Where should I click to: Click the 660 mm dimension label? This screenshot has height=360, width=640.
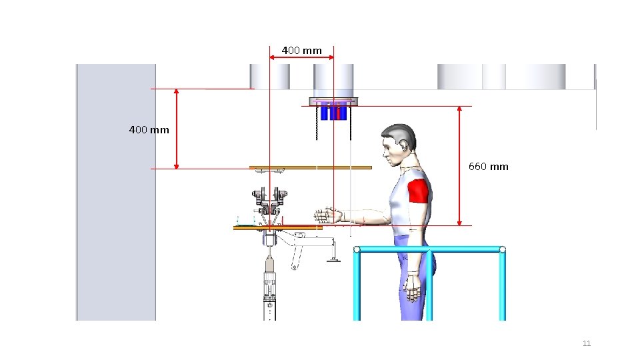(x=488, y=167)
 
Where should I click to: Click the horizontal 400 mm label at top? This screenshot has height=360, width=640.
(x=301, y=51)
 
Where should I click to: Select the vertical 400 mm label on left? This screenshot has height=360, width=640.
(x=149, y=130)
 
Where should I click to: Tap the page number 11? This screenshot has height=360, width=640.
(x=587, y=343)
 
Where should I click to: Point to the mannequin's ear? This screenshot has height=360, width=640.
(x=404, y=146)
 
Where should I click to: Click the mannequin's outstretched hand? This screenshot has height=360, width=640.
(x=327, y=215)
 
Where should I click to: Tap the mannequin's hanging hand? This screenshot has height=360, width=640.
(x=413, y=287)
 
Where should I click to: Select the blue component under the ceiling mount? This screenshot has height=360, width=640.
(x=333, y=113)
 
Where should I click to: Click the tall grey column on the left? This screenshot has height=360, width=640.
(x=116, y=192)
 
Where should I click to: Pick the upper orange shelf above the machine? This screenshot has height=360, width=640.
(x=311, y=167)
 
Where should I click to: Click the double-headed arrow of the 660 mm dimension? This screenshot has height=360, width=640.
(x=459, y=166)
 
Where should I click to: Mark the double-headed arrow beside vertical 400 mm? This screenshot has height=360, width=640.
(x=176, y=129)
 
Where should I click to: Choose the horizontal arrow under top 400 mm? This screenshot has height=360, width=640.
(x=301, y=57)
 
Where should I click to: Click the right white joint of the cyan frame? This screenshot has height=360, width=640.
(x=503, y=249)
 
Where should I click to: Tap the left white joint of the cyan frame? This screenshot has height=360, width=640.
(x=357, y=249)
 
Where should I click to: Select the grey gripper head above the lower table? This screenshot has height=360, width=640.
(x=269, y=201)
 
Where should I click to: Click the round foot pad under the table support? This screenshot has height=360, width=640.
(x=333, y=259)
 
